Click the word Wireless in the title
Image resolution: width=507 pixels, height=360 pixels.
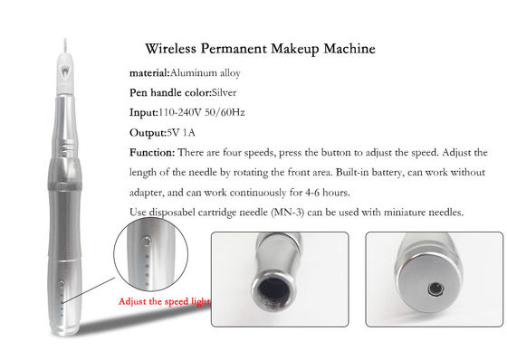(x=170, y=49)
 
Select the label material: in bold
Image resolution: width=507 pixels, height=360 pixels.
(x=149, y=73)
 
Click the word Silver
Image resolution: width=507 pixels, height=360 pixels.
(x=224, y=93)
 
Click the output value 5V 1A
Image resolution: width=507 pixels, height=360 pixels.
(x=181, y=133)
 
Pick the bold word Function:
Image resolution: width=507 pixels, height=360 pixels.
(x=152, y=152)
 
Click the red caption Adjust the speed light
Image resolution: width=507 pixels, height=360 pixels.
(x=164, y=301)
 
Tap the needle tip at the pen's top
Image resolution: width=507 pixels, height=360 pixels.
(x=65, y=40)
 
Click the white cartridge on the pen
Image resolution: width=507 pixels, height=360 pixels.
(x=65, y=73)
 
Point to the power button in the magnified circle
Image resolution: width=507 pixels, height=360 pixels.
(x=147, y=241)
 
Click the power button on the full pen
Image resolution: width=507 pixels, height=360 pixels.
(x=62, y=284)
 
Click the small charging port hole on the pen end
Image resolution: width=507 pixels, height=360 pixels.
(x=435, y=289)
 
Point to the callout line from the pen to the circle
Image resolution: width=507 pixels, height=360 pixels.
(x=89, y=289)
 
